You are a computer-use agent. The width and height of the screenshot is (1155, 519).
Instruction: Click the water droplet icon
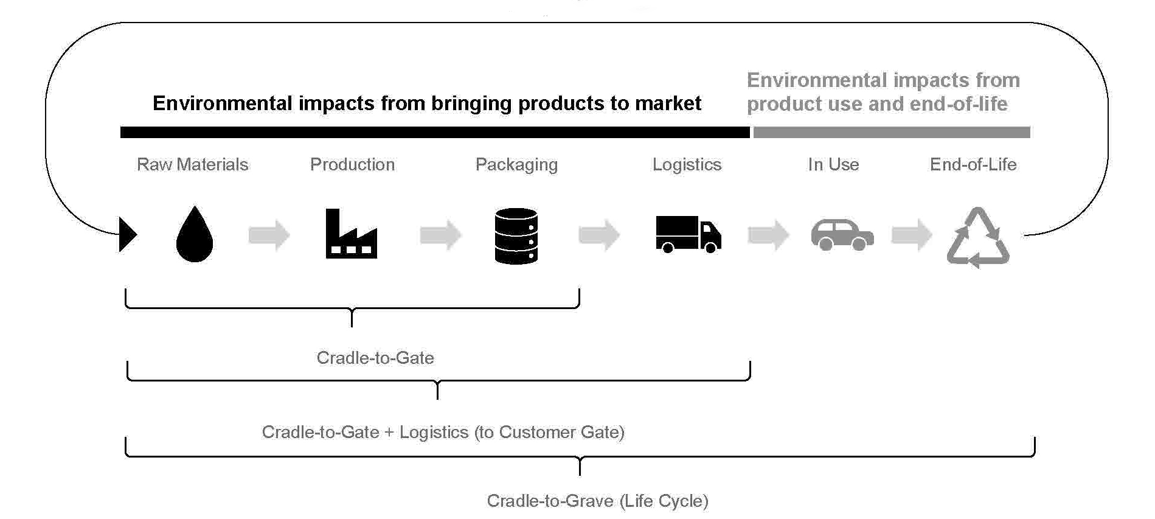click(195, 235)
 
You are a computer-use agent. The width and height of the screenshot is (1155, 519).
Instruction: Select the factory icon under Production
click(351, 234)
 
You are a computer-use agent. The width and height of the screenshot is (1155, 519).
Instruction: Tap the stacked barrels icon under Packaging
click(516, 236)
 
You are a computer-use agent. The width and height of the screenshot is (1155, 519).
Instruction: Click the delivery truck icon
click(688, 234)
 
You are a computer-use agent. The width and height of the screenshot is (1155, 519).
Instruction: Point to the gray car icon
click(842, 235)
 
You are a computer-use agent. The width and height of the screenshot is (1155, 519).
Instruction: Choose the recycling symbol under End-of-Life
click(978, 238)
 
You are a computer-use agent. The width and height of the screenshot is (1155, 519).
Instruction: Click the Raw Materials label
click(192, 164)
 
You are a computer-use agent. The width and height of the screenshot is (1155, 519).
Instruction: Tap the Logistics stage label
click(687, 165)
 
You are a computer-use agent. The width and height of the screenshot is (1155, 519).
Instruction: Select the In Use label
click(833, 164)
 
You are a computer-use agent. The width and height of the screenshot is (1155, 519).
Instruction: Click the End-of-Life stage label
click(973, 164)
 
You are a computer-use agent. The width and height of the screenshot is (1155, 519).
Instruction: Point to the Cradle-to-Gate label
click(375, 358)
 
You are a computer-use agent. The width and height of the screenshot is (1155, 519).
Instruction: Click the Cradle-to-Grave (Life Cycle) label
click(597, 501)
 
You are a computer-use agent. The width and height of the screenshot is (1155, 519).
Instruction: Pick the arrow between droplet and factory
click(269, 235)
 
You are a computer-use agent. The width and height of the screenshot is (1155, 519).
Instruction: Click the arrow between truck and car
click(768, 235)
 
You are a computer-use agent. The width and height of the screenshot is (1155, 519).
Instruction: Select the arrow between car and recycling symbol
click(912, 235)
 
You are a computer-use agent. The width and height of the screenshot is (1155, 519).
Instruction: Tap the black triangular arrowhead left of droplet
click(128, 234)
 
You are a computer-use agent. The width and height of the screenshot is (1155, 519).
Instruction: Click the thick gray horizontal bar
click(892, 133)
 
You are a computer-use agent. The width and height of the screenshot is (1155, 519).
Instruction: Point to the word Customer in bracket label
click(536, 432)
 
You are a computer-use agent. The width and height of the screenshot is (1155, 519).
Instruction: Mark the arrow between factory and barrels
click(440, 235)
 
